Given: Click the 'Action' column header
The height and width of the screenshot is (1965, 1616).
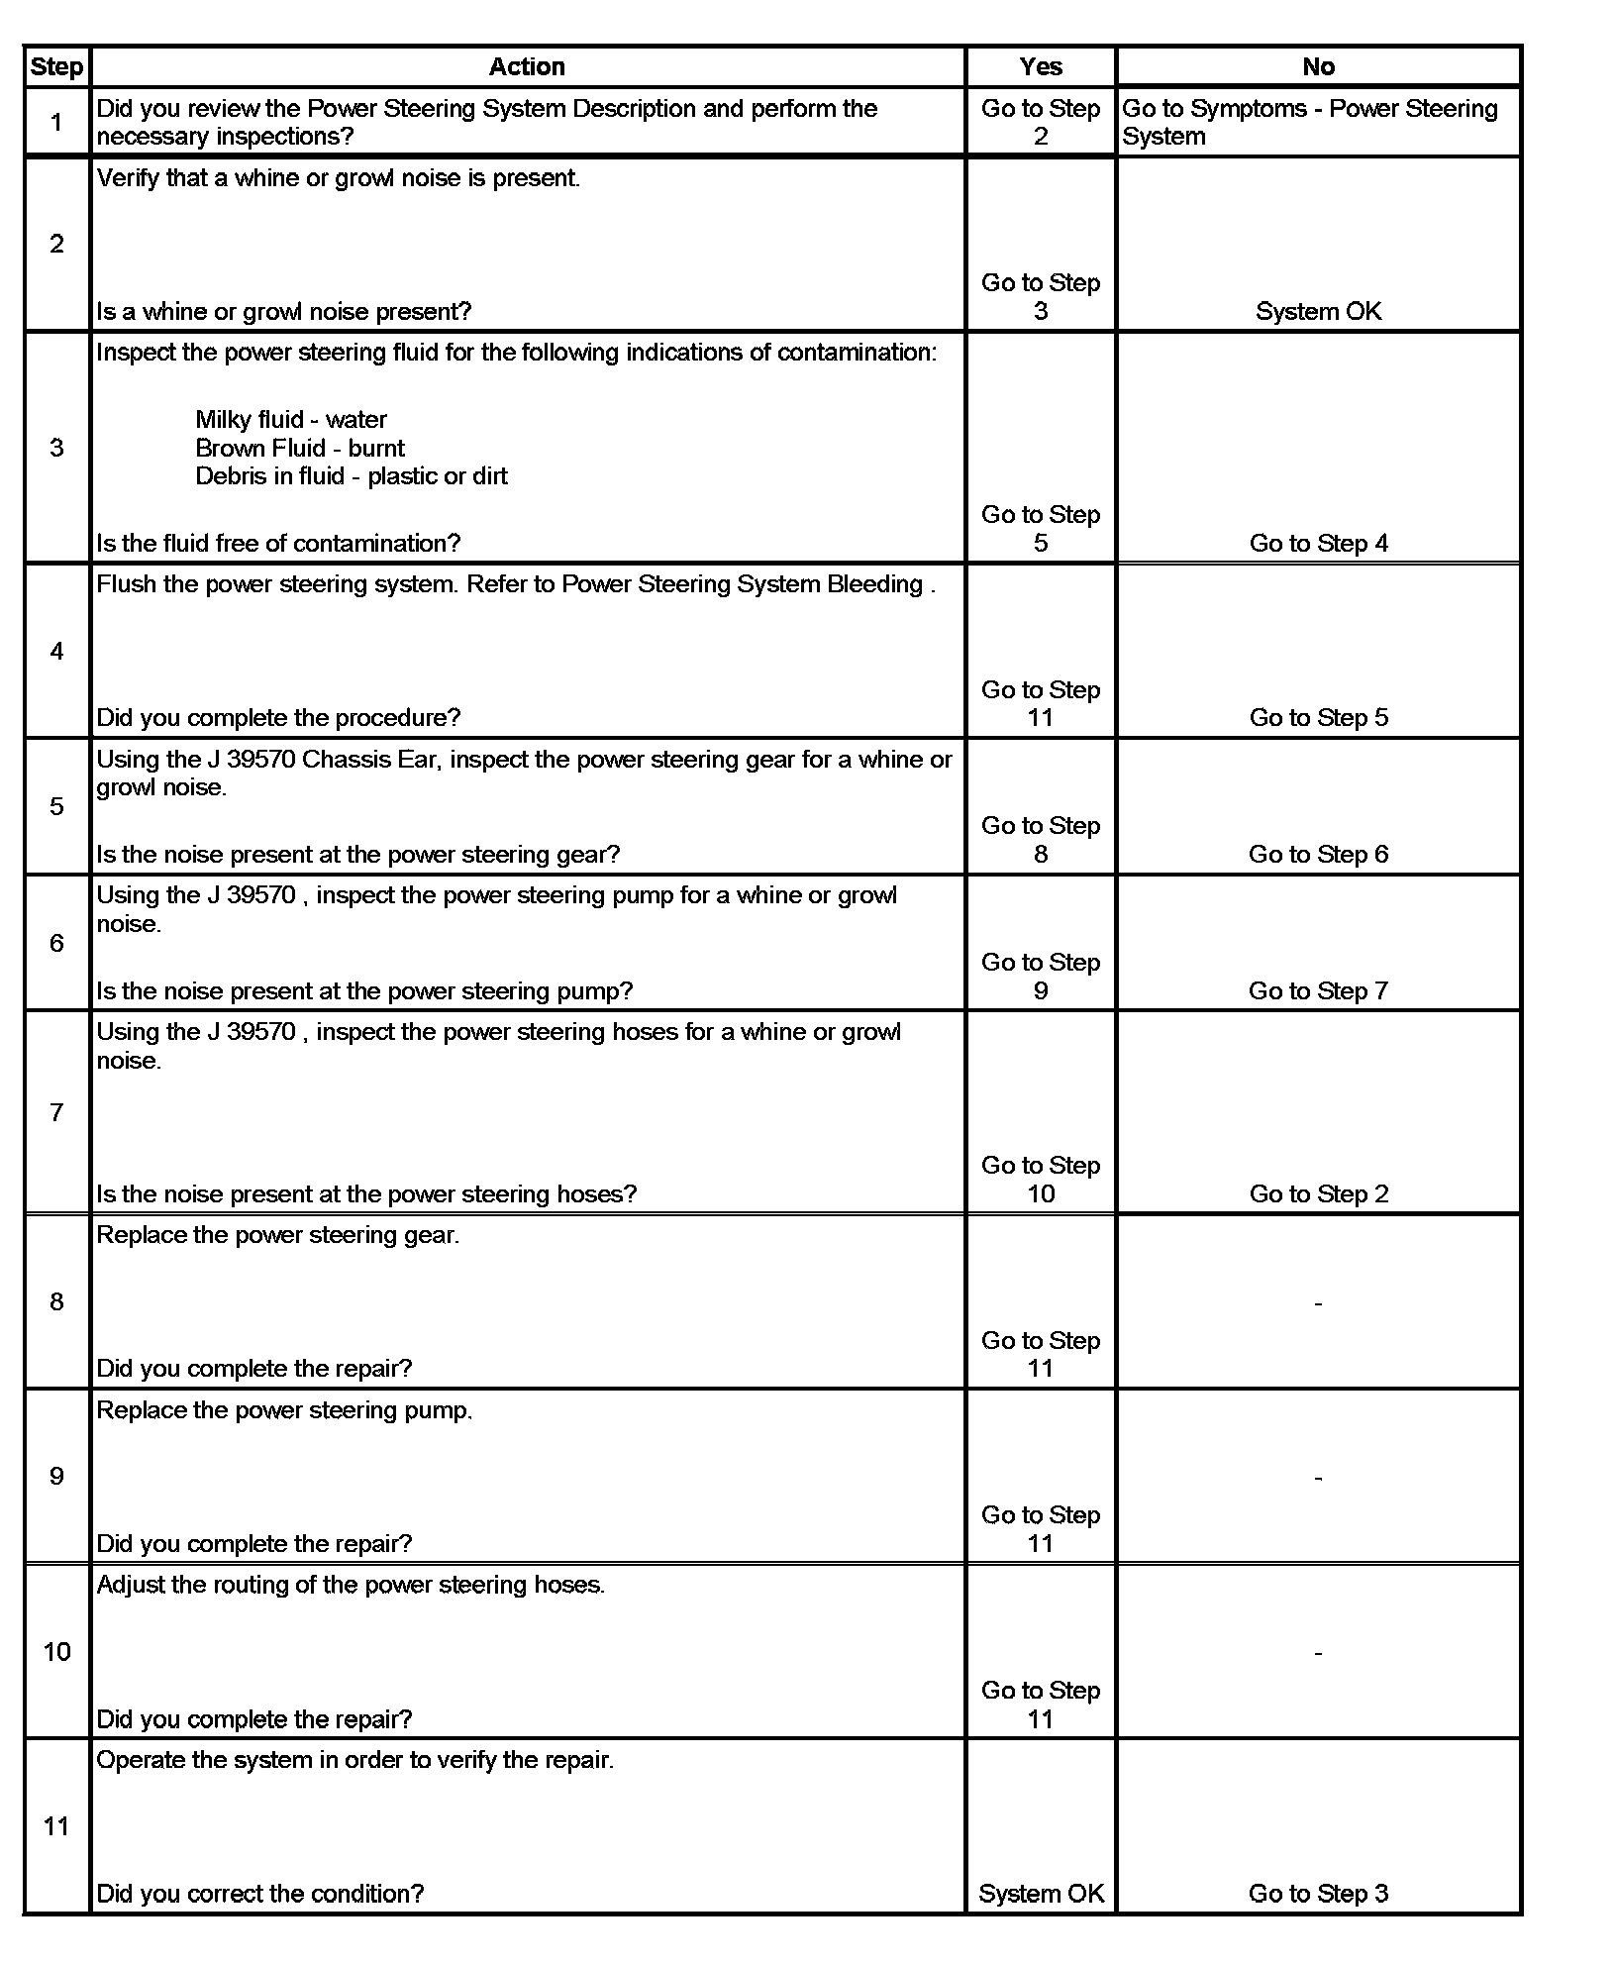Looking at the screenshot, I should click(527, 66).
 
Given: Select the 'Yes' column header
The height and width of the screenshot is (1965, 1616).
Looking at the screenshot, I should click(1040, 66).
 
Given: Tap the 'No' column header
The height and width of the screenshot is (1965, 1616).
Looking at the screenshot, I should click(1318, 66).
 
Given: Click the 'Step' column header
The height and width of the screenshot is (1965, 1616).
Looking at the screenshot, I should click(56, 66).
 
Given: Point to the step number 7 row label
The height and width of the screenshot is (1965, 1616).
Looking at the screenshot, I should click(56, 1112).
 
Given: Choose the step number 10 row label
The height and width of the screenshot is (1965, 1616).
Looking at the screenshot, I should click(56, 1651).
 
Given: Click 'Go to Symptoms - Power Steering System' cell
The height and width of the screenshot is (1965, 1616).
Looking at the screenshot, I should click(1309, 122).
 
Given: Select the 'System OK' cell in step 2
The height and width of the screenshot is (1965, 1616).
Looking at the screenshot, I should click(1318, 311).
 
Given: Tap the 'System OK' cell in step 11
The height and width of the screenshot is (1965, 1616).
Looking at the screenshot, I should click(1041, 1893).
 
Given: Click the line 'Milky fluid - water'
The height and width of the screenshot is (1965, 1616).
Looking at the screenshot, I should click(291, 419).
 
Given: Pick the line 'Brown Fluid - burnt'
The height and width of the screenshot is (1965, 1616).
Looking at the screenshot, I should click(300, 448).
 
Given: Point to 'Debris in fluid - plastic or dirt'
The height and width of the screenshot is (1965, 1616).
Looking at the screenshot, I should click(352, 476).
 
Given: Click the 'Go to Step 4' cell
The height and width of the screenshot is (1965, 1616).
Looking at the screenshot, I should click(1318, 543).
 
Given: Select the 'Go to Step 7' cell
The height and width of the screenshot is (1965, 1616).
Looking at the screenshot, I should click(1318, 990).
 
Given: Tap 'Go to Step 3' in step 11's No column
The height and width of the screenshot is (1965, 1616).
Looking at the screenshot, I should click(1318, 1893).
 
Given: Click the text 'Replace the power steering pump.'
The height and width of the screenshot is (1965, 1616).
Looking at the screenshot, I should click(284, 1409).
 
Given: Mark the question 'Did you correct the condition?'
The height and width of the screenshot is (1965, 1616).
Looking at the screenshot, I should click(259, 1893).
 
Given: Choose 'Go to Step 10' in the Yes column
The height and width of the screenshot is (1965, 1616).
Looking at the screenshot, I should click(1041, 1179).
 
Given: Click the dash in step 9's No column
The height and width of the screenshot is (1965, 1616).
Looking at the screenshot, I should click(1318, 1477).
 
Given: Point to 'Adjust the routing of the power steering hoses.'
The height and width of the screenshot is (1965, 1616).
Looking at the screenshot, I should click(351, 1584).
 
